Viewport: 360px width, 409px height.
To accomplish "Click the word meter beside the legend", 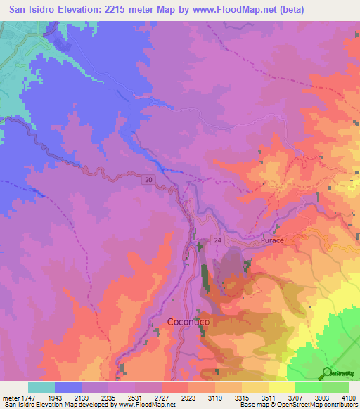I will click(7, 398).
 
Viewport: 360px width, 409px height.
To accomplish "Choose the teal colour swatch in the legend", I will click(41, 387).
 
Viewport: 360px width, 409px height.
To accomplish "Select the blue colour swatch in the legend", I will click(67, 387).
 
